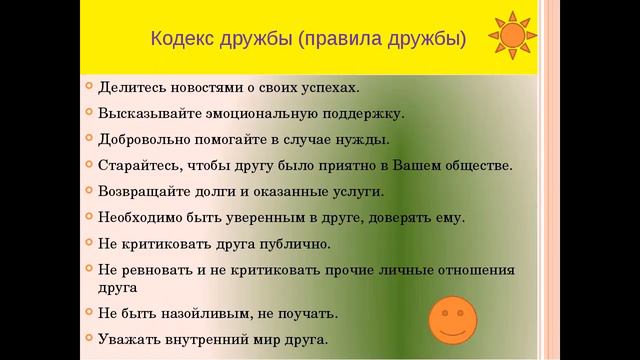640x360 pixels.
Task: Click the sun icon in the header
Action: coord(511,36)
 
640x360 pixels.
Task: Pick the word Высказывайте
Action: coord(148,113)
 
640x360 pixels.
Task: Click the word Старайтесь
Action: coord(137,165)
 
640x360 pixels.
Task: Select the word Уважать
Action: coord(129,340)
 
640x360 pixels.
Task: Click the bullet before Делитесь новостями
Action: coord(88,86)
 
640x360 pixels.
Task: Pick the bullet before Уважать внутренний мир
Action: coord(88,339)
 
